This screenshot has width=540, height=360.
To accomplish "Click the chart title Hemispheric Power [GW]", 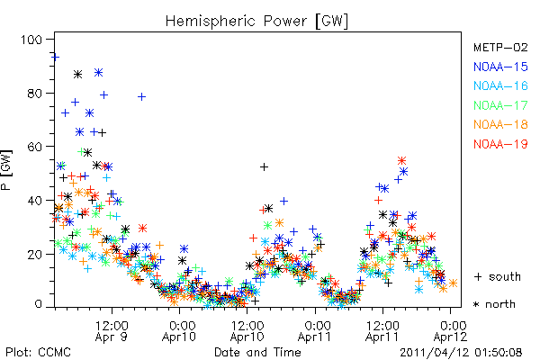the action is tap(256, 22).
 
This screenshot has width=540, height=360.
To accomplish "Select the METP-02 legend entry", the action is tap(500, 47).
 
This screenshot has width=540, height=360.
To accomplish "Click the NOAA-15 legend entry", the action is tap(500, 67).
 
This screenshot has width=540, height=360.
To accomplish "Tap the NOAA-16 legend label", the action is tap(500, 85).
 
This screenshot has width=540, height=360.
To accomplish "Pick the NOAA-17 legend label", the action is tap(500, 105).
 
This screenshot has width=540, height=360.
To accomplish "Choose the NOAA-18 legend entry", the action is tap(500, 124).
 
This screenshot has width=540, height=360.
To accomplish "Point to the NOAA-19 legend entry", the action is tap(500, 144).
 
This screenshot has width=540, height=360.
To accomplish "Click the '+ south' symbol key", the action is tap(498, 276).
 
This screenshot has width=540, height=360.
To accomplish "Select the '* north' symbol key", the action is tap(494, 304).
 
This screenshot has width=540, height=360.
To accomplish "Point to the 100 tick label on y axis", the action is tap(31, 40).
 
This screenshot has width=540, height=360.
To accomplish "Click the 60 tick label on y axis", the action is tap(35, 147).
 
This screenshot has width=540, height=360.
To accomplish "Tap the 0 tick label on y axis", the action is tap(38, 304).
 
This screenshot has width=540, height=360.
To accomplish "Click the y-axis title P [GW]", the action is tap(6, 169).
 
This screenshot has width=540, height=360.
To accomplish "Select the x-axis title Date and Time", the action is tap(257, 352).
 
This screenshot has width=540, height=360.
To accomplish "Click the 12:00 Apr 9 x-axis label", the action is tap(112, 331).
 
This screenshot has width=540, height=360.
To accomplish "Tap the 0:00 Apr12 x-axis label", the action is tap(451, 331).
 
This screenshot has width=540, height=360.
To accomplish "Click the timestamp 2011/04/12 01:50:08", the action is tap(461, 353).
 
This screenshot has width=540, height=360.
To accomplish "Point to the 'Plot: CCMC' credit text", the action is tap(38, 352).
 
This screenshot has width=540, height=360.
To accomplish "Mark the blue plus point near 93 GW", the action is tap(55, 57).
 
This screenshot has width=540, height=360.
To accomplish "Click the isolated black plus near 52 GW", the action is tap(264, 167).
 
